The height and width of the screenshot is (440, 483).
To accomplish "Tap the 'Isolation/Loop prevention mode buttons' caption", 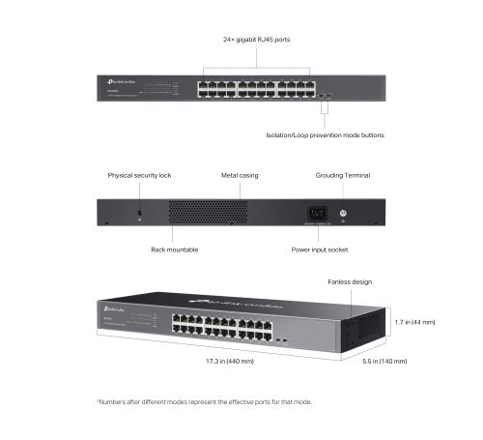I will tap(325, 135).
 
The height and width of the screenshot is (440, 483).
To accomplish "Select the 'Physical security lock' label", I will tap(139, 176).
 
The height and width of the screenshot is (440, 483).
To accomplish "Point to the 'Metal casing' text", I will tap(240, 176).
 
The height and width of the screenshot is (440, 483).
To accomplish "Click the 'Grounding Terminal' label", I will tap(343, 176).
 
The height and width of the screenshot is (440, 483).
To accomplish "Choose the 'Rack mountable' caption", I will tap(174, 249).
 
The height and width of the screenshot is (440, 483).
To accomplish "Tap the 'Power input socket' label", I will tap(320, 249).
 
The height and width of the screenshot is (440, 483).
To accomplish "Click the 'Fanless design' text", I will tap(349, 281).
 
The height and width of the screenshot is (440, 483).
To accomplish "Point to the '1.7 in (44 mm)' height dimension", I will tap(414, 321).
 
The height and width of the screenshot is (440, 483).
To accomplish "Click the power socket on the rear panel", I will tap(315, 213).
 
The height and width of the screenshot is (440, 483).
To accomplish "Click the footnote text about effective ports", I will tap(204, 401).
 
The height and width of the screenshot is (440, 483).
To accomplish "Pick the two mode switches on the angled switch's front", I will tap(281, 340).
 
